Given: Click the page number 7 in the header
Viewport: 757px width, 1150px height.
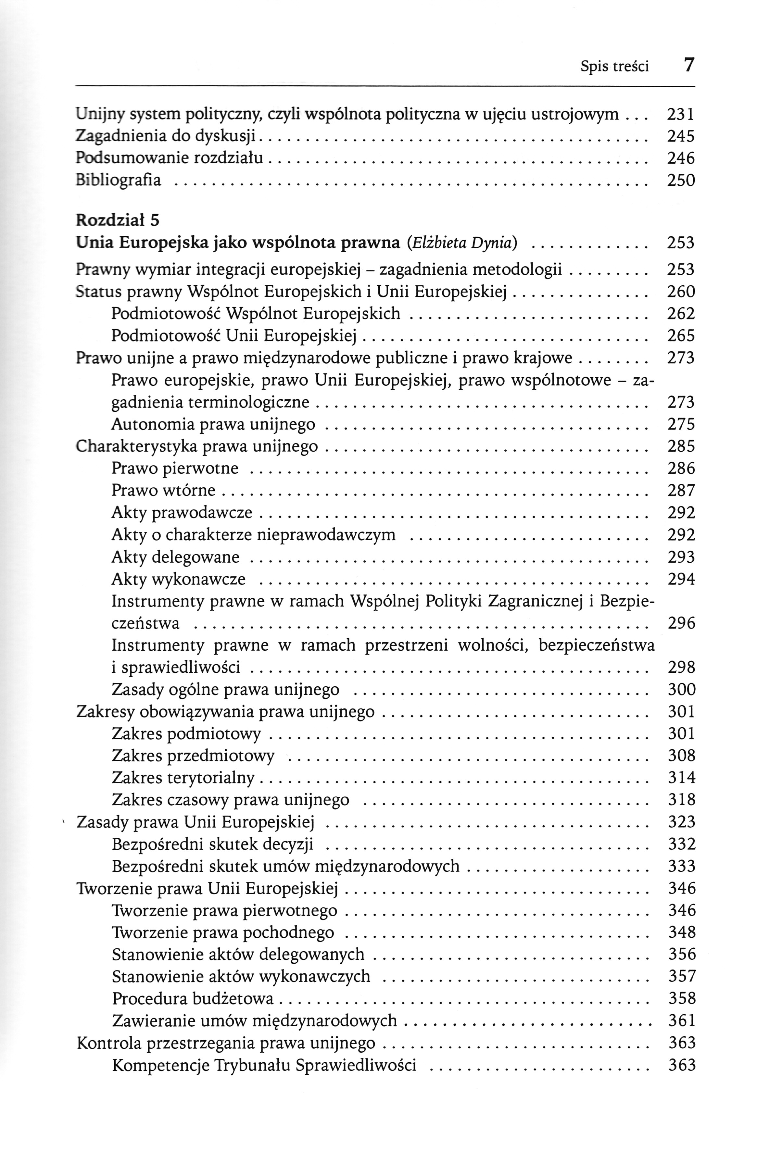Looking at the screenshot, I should [x=689, y=64].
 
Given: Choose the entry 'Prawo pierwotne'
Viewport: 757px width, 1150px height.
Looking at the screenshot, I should [x=175, y=468].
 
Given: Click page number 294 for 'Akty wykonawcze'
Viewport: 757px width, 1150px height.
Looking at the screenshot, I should [x=681, y=579].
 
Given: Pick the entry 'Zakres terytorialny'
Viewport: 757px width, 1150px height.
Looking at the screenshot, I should [x=183, y=778].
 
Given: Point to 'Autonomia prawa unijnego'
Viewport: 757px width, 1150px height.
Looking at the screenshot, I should [x=213, y=424].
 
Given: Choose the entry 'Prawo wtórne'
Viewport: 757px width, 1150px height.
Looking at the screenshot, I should [x=163, y=491].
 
